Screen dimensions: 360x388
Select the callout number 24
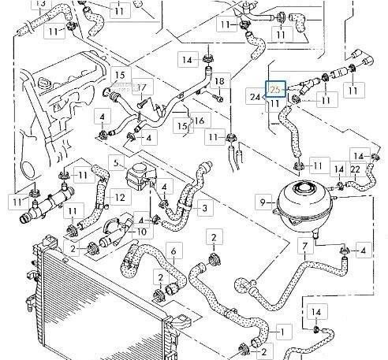(256, 97)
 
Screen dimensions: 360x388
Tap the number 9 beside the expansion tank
(263, 203)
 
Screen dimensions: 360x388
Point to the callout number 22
(356, 169)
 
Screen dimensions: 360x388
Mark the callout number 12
(120, 196)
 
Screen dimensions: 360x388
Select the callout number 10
(141, 232)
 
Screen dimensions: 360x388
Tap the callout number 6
(174, 251)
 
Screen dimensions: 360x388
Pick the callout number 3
(204, 208)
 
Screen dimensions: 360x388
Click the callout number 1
(284, 327)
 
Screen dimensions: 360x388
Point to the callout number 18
(219, 82)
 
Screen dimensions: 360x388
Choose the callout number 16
(200, 120)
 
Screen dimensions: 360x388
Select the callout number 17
(143, 87)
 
